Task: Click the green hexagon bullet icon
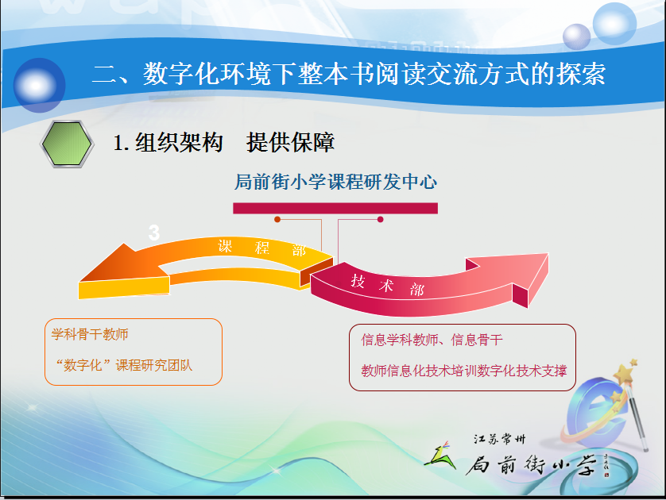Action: (67, 144)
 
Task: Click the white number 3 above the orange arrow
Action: (153, 233)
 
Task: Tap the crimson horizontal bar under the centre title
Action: (335, 208)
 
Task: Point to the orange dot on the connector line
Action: (277, 219)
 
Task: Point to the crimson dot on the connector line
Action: (380, 219)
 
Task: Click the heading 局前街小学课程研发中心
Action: (335, 182)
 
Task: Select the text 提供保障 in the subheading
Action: (291, 142)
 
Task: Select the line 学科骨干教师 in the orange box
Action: (90, 334)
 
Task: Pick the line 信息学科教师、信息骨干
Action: (432, 340)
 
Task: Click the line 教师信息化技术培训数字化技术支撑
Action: (464, 371)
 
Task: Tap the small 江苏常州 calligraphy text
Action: (499, 439)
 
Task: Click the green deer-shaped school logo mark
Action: (440, 456)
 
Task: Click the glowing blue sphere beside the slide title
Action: (39, 85)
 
